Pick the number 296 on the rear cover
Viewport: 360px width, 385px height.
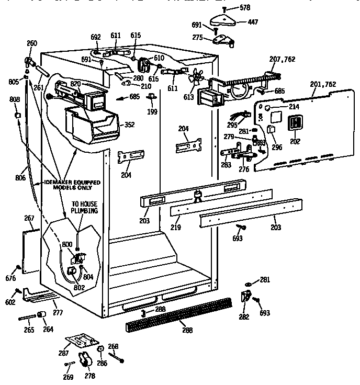pos(276,147)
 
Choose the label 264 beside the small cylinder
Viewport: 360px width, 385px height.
pos(48,330)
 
